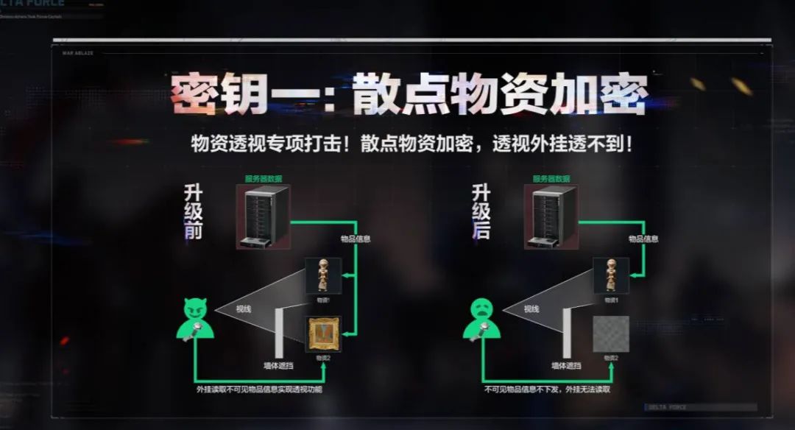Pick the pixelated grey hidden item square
(x=611, y=334)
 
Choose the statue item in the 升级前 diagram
(x=323, y=275)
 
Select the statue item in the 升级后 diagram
(x=611, y=275)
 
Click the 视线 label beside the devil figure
(x=244, y=309)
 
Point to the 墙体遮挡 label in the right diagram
(x=566, y=365)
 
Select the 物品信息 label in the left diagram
(x=356, y=239)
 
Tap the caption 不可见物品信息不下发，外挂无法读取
(x=547, y=389)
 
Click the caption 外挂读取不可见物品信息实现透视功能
(x=259, y=389)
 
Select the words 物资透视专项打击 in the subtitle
(x=263, y=144)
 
